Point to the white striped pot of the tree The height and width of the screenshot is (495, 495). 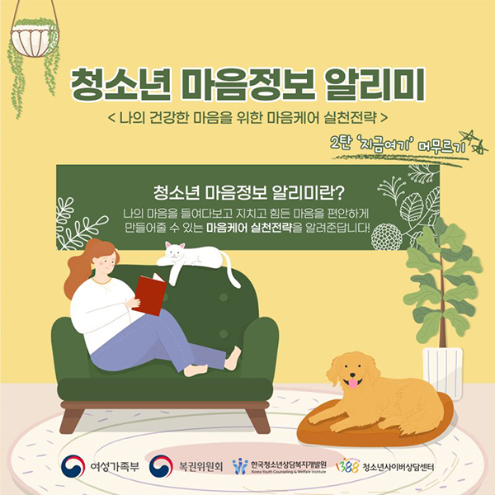442,372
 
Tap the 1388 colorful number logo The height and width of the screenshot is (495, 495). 347,466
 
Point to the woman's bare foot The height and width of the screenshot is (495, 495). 233,358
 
